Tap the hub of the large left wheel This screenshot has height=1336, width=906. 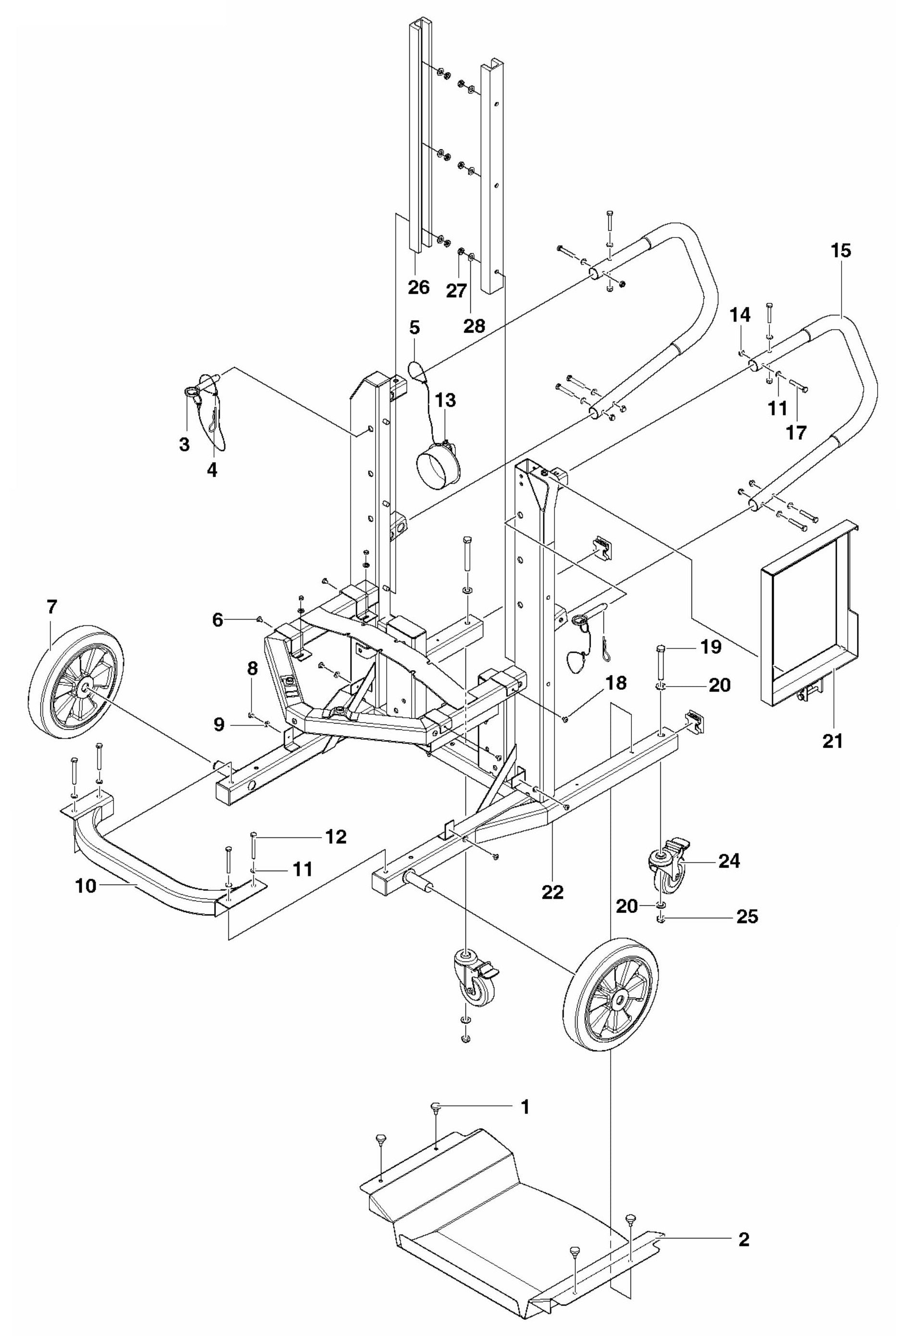(x=85, y=687)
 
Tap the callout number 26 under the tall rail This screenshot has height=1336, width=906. (x=418, y=287)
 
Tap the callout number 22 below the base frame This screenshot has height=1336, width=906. (x=552, y=892)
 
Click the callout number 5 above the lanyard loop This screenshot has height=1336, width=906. (x=415, y=328)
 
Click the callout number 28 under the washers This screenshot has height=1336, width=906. (x=475, y=326)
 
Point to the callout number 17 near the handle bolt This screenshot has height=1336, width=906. (x=797, y=432)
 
